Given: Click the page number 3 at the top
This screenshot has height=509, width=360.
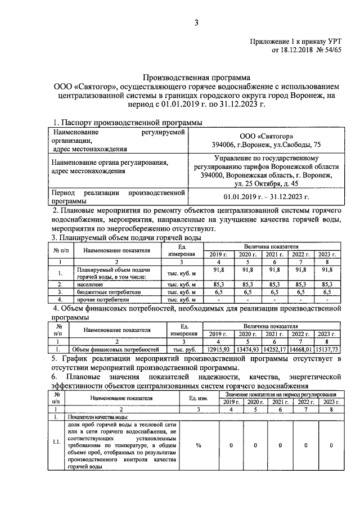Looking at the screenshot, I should (196, 22).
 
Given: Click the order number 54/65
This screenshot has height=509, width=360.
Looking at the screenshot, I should (329, 50).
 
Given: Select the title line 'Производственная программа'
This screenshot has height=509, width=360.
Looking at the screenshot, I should (196, 78).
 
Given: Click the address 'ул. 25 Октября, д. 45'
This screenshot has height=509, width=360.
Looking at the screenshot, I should (268, 183).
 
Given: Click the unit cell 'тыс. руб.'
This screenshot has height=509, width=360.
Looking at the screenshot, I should (184, 349).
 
